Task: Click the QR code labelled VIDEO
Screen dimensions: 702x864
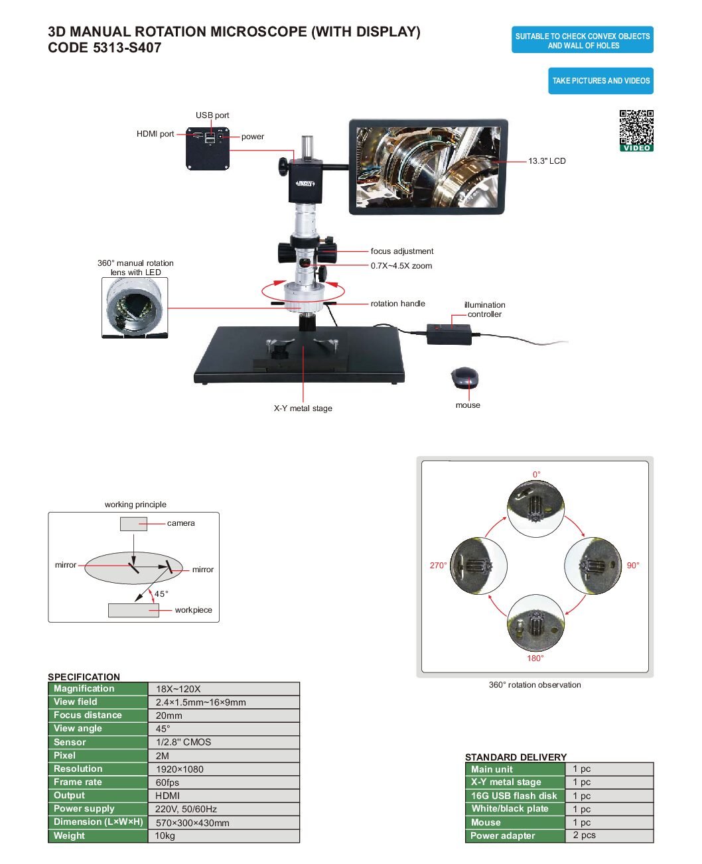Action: tap(636, 130)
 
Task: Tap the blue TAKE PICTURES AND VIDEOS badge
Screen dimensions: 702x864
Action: tap(600, 81)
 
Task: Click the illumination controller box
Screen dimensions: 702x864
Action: tap(449, 334)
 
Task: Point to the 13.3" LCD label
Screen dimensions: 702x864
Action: tap(547, 161)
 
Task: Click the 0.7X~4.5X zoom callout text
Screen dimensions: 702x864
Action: tap(401, 266)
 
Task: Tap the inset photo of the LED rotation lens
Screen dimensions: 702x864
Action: tap(135, 308)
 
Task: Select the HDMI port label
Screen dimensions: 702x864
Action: tap(155, 134)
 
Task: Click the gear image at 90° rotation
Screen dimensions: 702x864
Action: tap(593, 566)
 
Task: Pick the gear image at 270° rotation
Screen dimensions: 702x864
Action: tap(479, 566)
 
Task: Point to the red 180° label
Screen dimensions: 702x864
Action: tap(535, 658)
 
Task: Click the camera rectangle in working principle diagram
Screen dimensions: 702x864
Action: tap(133, 524)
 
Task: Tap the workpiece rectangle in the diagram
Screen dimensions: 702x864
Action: tap(133, 611)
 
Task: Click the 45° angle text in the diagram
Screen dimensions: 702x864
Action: tap(161, 594)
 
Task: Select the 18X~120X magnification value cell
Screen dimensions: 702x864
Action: tap(224, 689)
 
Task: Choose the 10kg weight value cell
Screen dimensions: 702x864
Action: tap(224, 835)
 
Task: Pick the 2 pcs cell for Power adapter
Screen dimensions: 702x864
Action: tap(609, 835)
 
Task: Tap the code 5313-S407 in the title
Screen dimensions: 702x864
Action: tap(105, 48)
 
